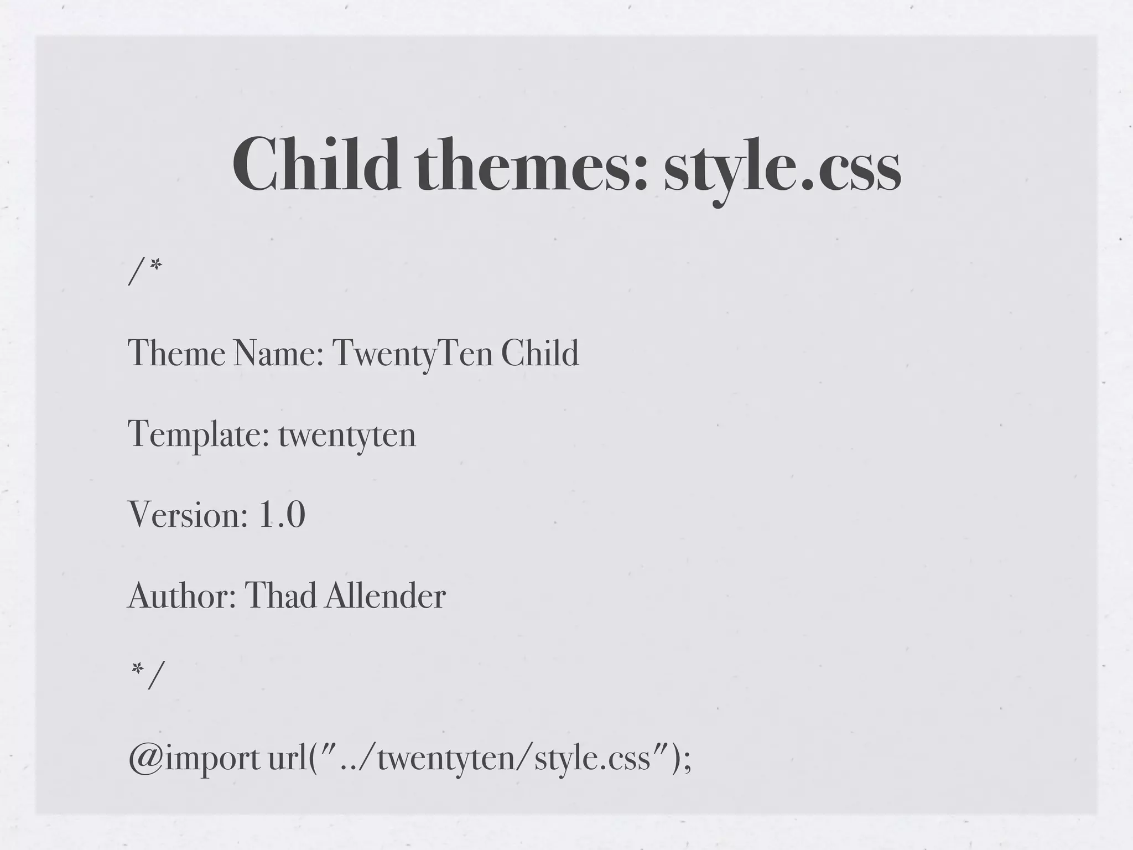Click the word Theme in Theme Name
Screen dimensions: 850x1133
click(176, 353)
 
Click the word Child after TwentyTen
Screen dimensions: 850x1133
click(539, 353)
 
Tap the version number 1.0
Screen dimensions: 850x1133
click(282, 515)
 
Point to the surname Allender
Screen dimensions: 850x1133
click(385, 596)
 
